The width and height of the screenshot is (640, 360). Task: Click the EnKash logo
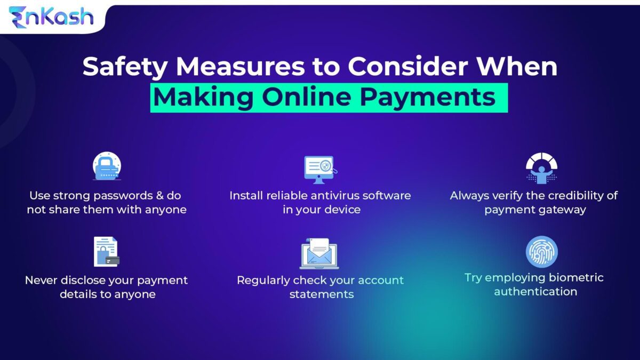(x=51, y=17)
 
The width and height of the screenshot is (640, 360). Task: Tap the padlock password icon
(x=107, y=166)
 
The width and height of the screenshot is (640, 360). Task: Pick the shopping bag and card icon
(x=106, y=252)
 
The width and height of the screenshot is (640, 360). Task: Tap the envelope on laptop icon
(x=319, y=253)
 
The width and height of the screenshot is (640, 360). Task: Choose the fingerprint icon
(x=541, y=252)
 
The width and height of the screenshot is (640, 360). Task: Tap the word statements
(x=322, y=294)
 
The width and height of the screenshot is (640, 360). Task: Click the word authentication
(x=535, y=291)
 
